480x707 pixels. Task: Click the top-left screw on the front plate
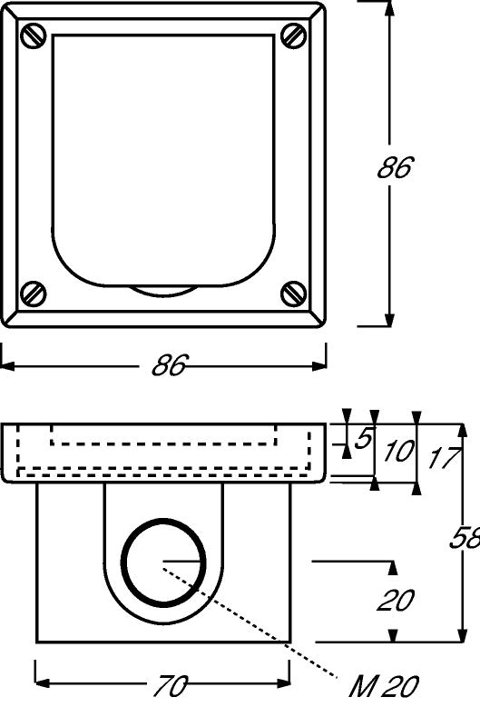tap(34, 35)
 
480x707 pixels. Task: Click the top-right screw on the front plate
tap(294, 35)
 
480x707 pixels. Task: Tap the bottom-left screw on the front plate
tap(34, 294)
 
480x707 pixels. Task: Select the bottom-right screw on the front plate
tap(294, 294)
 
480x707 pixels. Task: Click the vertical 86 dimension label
tap(395, 167)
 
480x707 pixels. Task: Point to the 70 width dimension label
tap(170, 686)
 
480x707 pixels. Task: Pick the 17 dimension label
tap(444, 458)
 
